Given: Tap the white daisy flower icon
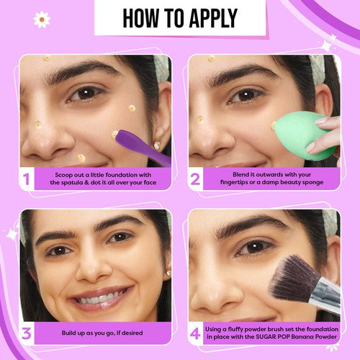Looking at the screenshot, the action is click(42, 19).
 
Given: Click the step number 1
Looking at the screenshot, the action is click(26, 179).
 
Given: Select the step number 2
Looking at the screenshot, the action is click(195, 179).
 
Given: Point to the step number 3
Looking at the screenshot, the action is click(27, 333).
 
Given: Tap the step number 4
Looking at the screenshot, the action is click(195, 333).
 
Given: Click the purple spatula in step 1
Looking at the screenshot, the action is click(143, 146).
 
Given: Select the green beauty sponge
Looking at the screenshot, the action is click(305, 136).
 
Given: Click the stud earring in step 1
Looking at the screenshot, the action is click(157, 145).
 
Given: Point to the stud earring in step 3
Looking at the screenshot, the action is click(168, 273).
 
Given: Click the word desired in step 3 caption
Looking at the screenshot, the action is click(132, 333).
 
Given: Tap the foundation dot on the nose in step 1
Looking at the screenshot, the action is click(37, 125).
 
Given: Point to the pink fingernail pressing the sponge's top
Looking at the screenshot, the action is click(322, 120).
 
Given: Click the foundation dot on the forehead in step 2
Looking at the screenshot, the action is click(212, 58).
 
